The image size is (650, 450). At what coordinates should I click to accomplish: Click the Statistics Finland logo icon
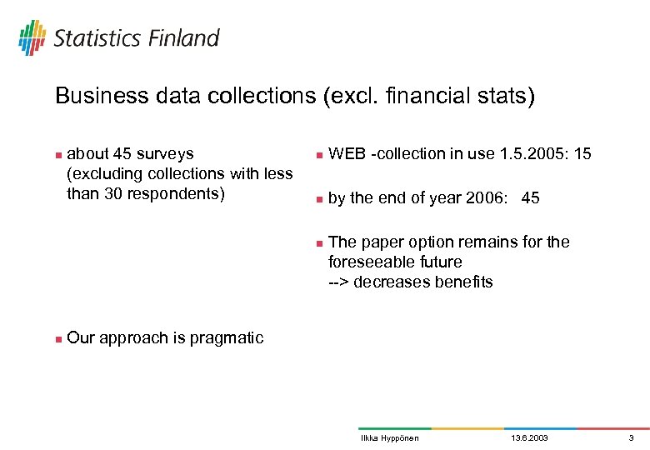click(32, 37)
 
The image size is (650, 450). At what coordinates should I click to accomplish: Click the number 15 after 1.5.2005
click(583, 153)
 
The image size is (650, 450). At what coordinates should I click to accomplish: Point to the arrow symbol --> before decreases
click(338, 282)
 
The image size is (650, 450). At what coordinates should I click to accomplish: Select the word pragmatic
click(227, 337)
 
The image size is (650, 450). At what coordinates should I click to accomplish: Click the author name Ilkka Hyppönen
click(389, 438)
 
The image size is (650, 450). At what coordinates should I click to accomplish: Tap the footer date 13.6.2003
click(529, 438)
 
